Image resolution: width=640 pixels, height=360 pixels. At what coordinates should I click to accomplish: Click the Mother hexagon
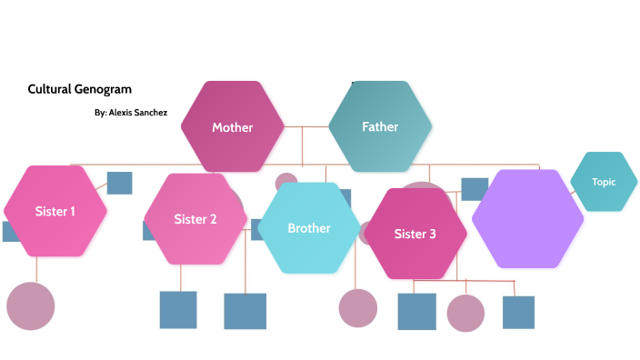pos(233,126)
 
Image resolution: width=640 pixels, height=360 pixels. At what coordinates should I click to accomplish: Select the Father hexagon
pos(380,126)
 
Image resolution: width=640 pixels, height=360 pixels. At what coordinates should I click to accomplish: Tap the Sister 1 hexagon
pos(55,211)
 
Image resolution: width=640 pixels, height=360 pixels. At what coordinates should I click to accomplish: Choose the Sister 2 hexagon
pos(195,218)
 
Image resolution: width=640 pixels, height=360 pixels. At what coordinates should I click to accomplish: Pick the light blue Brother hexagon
pos(309,227)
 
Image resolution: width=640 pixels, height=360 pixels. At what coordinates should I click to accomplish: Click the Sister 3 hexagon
pos(415,234)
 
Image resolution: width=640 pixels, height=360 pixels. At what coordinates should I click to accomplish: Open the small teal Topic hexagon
pos(604,182)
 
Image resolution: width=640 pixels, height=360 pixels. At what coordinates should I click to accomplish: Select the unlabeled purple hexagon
pos(527,218)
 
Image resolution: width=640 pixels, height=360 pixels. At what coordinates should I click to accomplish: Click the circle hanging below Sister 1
pos(31,305)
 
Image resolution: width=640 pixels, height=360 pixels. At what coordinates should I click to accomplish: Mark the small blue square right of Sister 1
pos(119,183)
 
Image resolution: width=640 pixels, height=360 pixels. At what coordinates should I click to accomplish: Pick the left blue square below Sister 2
pos(178,310)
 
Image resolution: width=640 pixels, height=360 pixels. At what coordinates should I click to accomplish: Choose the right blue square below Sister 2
pos(245,311)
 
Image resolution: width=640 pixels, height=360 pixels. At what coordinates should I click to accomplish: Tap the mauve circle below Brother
pos(358,307)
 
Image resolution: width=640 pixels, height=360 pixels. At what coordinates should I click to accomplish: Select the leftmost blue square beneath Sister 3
pos(416,312)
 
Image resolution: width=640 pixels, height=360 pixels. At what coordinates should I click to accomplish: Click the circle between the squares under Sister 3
pos(465,313)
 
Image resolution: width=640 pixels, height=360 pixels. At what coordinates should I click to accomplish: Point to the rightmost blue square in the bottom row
pos(518,312)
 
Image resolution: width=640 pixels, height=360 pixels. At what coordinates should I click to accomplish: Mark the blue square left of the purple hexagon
pos(474,189)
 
